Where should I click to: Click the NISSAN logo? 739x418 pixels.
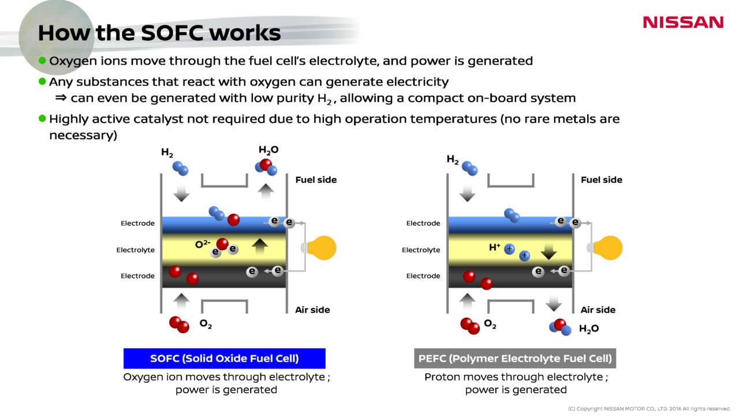click(683, 23)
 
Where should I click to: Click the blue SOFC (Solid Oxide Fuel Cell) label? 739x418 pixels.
click(225, 359)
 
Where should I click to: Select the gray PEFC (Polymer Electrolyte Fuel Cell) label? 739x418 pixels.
click(515, 359)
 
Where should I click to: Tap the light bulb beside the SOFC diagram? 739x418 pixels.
click(321, 248)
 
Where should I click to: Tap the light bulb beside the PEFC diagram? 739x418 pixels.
click(607, 248)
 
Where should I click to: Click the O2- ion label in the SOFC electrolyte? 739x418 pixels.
click(202, 244)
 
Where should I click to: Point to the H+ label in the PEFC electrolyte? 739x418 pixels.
click(494, 247)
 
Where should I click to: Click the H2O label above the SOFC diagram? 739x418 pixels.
click(268, 151)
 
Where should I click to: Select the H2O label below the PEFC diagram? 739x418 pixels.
click(588, 329)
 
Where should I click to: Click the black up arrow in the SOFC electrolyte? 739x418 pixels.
click(260, 247)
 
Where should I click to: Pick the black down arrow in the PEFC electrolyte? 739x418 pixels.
click(548, 251)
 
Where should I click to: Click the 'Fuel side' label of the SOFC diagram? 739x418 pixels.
click(316, 180)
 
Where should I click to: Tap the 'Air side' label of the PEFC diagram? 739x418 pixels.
click(598, 310)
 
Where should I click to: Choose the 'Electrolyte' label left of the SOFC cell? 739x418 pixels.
click(136, 250)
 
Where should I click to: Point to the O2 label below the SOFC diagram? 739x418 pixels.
click(206, 324)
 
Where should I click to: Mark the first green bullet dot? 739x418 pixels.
click(42, 61)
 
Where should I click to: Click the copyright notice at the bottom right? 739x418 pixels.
click(650, 409)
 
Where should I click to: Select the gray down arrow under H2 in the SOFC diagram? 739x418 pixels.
click(181, 193)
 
